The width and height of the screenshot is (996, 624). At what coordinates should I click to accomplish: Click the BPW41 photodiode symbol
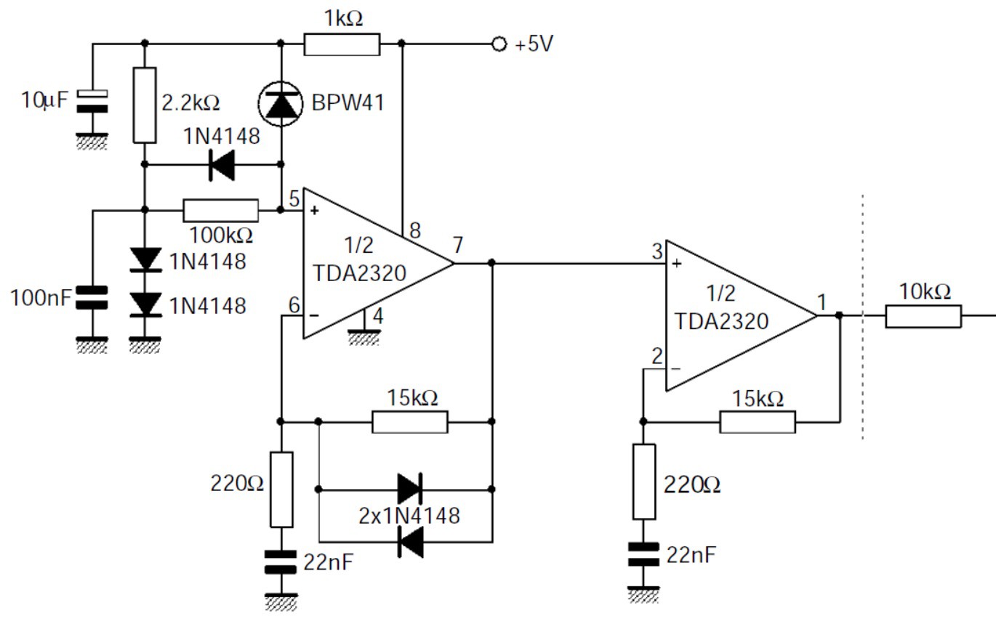coord(281,103)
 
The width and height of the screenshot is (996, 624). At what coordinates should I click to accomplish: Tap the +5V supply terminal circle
coord(499,44)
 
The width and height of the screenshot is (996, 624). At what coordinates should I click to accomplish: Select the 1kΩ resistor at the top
coord(341,44)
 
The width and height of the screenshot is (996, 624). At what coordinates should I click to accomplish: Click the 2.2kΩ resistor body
coord(145,105)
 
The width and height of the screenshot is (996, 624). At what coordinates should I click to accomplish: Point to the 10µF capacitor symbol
coord(93,101)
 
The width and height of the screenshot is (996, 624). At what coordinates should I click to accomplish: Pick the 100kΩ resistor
coord(220,211)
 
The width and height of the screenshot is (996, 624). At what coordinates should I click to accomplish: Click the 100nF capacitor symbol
coord(93,297)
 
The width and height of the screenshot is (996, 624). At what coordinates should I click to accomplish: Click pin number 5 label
coord(294,197)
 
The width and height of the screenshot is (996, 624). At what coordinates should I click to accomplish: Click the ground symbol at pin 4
coord(364,337)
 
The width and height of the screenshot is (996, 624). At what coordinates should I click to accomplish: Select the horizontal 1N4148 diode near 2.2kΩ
coord(221,165)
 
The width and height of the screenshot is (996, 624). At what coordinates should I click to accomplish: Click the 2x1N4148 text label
coord(409,516)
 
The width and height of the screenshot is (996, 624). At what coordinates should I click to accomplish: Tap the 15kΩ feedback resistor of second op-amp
coord(758,421)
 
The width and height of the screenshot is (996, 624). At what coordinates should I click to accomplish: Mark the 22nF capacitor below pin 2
coord(643,555)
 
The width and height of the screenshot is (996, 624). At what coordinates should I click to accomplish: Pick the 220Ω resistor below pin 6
coord(281,489)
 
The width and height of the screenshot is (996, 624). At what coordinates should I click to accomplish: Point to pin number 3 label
coord(656,252)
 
